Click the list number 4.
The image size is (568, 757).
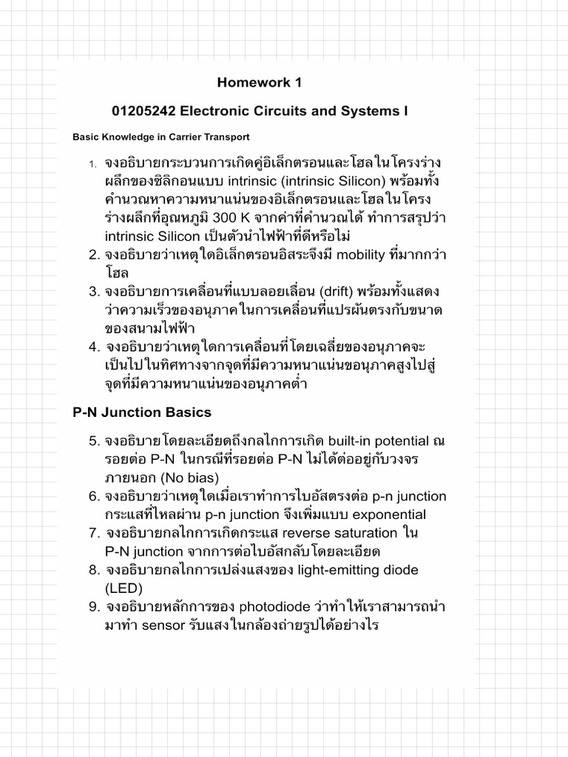pos(94,347)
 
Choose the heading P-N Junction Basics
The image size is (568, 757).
pos(142,413)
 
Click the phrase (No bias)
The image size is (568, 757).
pos(172,478)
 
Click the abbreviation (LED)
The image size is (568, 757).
pos(123,588)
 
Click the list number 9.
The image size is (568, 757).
pos(94,607)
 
